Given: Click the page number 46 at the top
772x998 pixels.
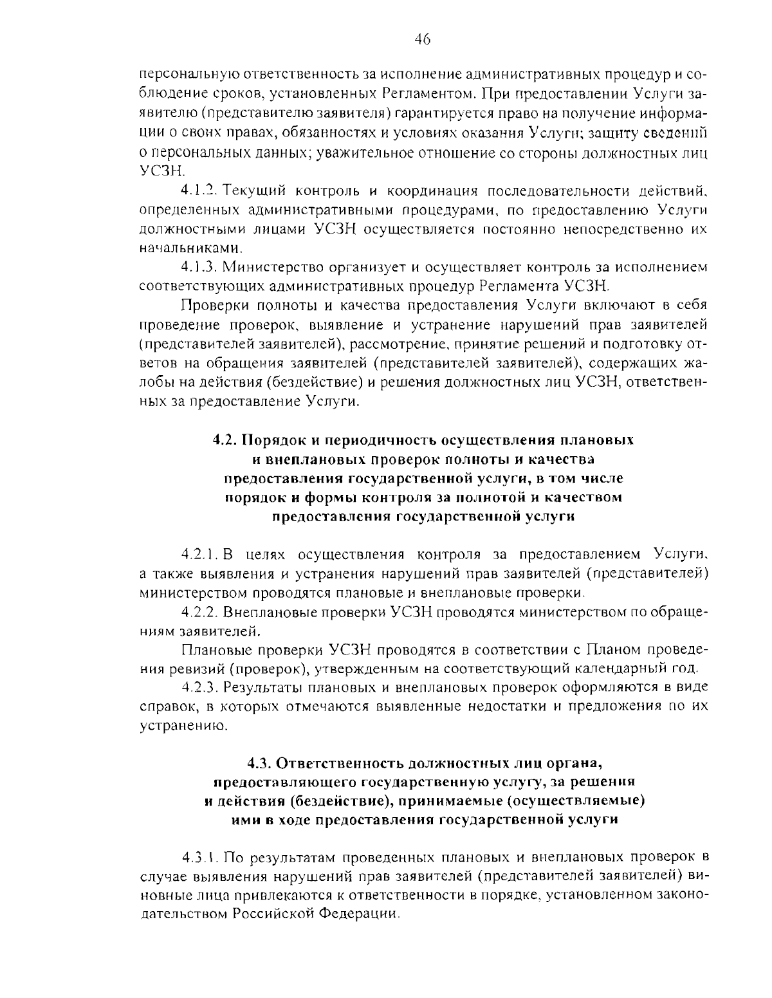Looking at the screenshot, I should click(422, 41).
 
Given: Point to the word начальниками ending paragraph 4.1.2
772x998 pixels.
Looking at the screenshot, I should click(192, 248).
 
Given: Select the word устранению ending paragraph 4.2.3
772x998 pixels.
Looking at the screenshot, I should click(184, 725).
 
